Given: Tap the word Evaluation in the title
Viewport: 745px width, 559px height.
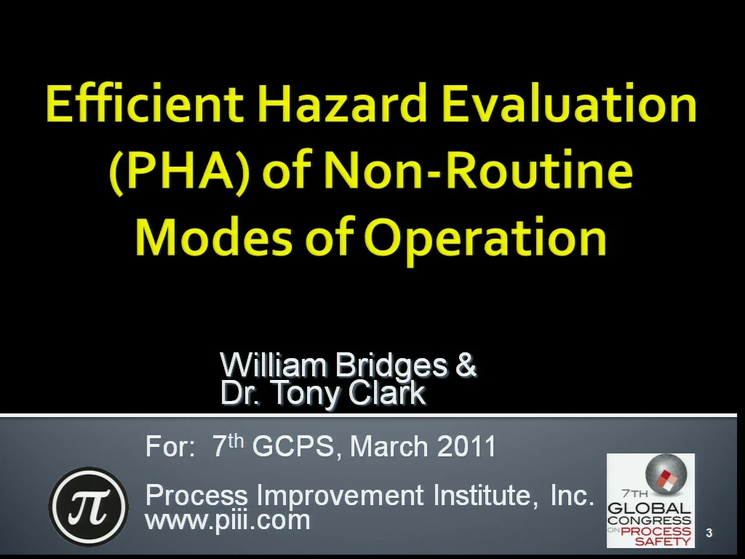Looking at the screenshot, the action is click(569, 103).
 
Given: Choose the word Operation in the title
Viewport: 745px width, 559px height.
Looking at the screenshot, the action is click(485, 239).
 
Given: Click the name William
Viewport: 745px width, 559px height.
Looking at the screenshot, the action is click(274, 365).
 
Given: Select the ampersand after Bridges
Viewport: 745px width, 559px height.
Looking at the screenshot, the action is click(466, 365).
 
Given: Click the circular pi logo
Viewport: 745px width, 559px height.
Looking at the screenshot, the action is click(88, 506).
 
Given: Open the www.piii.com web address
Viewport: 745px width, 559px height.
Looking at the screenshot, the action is click(228, 520).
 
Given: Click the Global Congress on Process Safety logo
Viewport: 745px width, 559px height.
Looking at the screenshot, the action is click(650, 501).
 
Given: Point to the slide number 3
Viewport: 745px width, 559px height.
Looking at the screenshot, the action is click(709, 533).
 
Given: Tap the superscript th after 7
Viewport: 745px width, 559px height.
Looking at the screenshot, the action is click(236, 440).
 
